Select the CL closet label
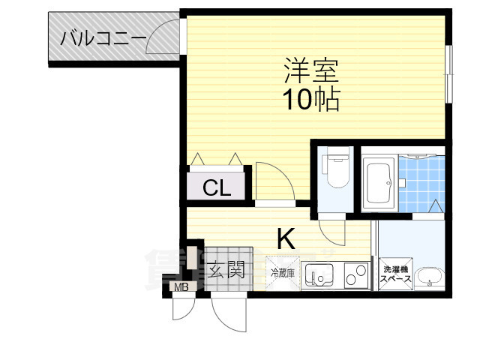[216, 188]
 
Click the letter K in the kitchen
[286, 238]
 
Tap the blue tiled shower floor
[422, 182]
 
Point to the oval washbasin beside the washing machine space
[430, 277]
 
